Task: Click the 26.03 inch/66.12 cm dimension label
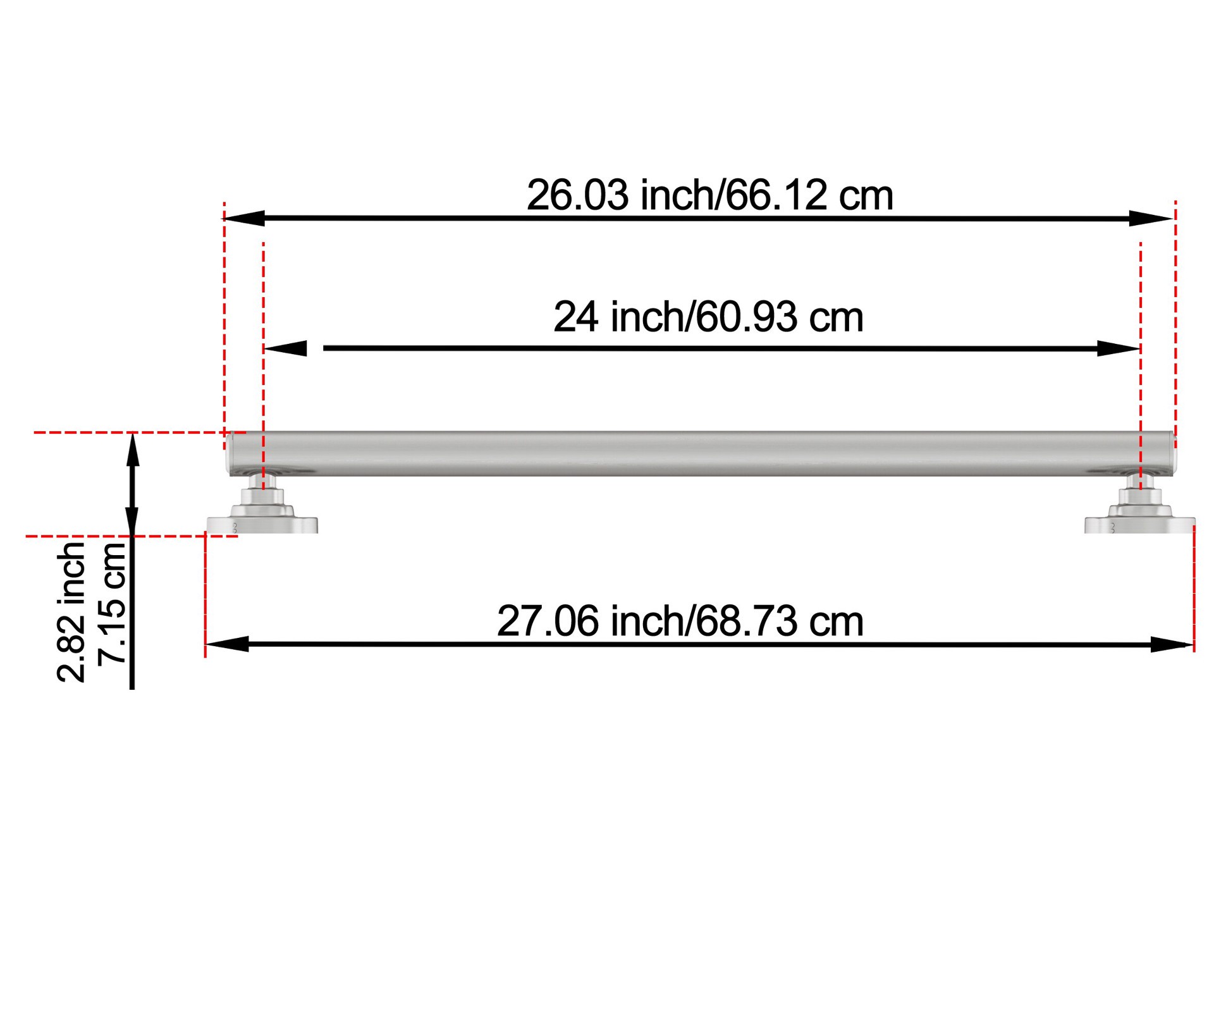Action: point(709,195)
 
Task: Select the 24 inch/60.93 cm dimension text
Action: point(708,317)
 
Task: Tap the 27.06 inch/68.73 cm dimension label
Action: point(680,621)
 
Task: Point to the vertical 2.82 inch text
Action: point(71,611)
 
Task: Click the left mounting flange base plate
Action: point(262,525)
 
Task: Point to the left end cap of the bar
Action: point(230,453)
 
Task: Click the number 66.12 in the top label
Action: point(775,195)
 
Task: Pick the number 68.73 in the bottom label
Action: point(747,621)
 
